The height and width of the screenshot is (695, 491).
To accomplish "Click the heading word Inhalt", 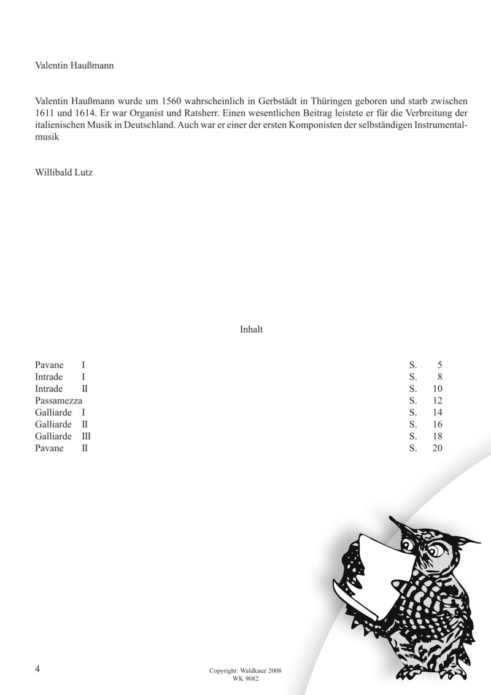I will (251, 330).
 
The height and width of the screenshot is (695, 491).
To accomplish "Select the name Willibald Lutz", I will (64, 173).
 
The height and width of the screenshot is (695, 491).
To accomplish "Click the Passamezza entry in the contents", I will (59, 400).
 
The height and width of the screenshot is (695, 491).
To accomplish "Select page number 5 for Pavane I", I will (439, 365).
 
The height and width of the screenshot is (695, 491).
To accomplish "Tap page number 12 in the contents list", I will (437, 400).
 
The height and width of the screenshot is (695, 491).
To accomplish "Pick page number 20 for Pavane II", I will (437, 448).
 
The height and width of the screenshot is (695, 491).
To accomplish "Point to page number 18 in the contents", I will (437, 436).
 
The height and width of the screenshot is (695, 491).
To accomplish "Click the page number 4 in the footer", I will (38, 668).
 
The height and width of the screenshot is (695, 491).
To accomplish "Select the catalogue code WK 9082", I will (245, 678).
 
